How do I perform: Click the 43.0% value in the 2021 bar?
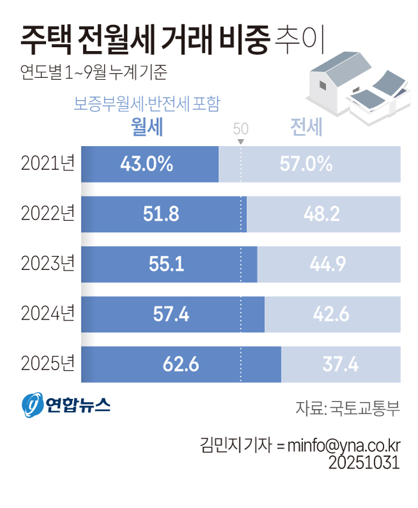point(146,164)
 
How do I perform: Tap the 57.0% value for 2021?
point(306,164)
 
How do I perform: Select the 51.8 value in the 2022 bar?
point(161,214)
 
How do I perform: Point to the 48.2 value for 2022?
point(322,214)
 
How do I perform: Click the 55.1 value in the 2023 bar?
point(167,264)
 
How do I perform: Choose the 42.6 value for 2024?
point(331,314)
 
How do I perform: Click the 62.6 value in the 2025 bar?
point(181,364)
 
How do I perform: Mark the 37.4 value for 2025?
point(340,364)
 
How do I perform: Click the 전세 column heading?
point(306,128)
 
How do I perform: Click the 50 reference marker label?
point(241,127)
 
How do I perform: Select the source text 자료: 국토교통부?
point(348,408)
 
